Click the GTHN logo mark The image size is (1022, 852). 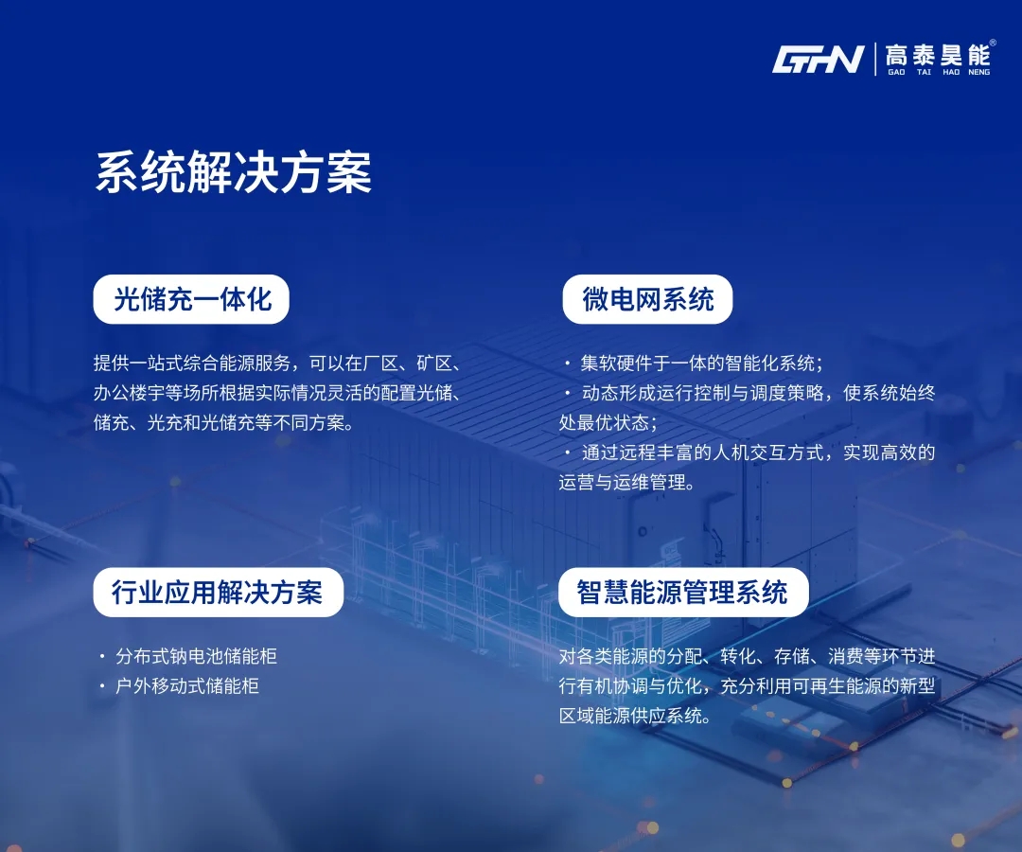tap(819, 60)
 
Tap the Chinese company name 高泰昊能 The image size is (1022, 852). tap(937, 55)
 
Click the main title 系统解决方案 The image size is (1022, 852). tap(233, 172)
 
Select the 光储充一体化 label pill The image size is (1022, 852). tap(192, 300)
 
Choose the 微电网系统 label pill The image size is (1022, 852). tap(648, 300)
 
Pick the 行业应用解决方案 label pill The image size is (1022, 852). tap(218, 593)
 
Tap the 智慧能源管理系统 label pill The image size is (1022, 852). tap(682, 593)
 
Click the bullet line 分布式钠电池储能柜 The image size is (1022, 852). tap(196, 656)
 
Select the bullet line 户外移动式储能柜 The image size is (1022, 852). tap(187, 685)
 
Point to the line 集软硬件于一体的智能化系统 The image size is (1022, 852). tap(700, 364)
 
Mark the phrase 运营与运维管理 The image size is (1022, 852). tap(626, 482)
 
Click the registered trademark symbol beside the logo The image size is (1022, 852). tap(992, 42)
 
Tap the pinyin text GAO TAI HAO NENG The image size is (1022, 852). tap(938, 72)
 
